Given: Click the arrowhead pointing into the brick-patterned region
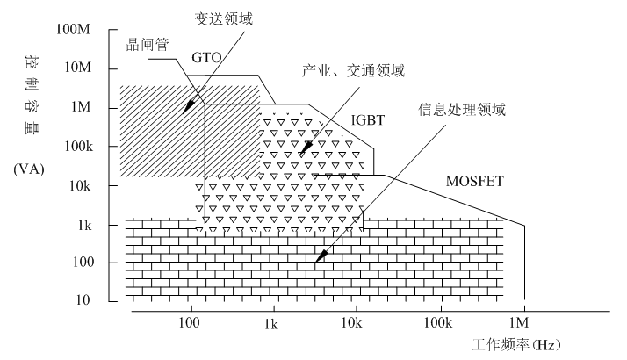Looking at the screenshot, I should coord(321,258).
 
